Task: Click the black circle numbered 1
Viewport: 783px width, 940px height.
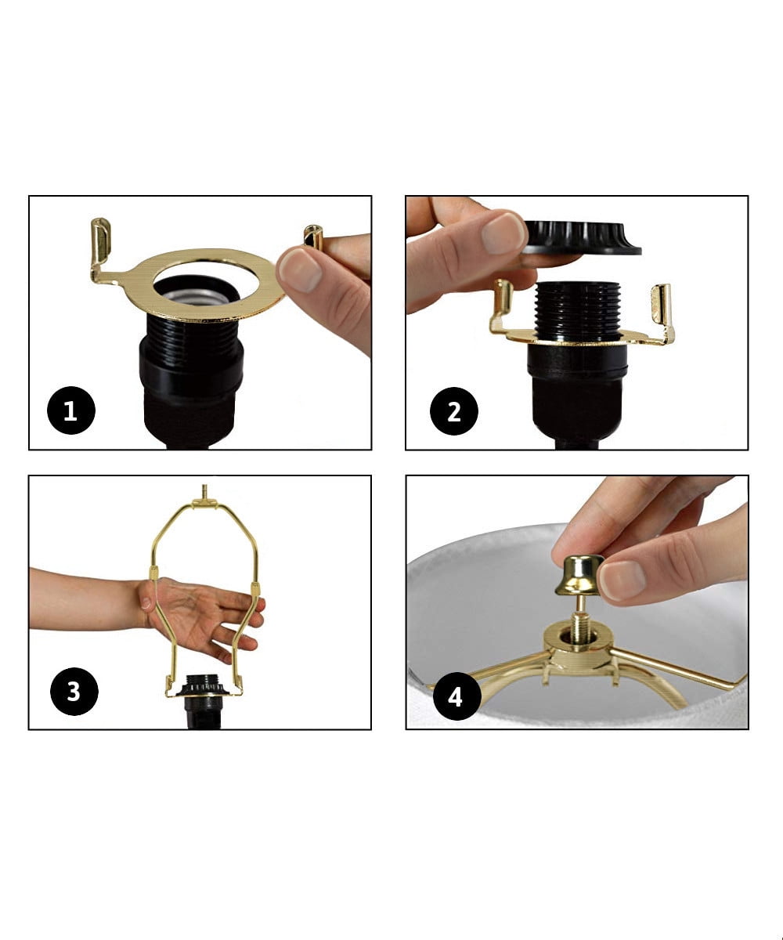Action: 70,410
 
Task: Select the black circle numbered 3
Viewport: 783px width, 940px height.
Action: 73,692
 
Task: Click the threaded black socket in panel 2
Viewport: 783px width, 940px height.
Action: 577,310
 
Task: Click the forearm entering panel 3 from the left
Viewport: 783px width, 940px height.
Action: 82,599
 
